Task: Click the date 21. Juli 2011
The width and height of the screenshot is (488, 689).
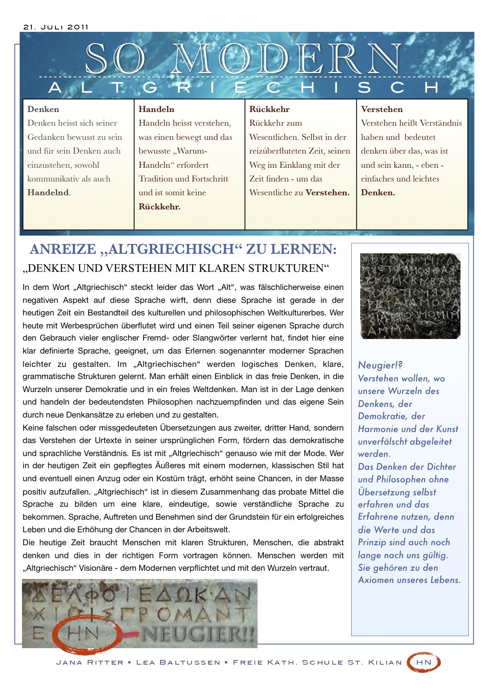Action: [56, 27]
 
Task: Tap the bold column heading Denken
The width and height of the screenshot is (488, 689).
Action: [43, 109]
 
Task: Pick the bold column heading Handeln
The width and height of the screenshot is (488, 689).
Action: [156, 109]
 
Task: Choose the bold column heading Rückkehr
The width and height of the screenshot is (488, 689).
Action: [269, 109]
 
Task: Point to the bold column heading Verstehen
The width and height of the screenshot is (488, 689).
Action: [381, 109]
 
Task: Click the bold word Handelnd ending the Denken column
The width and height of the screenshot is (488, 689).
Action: [48, 192]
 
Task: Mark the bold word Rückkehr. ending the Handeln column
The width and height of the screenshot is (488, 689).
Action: [159, 207]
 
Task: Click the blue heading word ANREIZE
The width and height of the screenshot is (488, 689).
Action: [63, 249]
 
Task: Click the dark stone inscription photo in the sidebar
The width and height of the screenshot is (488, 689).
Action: [410, 296]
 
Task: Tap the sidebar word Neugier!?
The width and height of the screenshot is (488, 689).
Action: [380, 365]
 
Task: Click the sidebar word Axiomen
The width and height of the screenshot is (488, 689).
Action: [377, 580]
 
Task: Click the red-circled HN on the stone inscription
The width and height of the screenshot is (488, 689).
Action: [83, 633]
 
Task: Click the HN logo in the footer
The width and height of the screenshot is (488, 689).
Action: [424, 662]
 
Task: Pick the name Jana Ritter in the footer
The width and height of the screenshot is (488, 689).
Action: [90, 663]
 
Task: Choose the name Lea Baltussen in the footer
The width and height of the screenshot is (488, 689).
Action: [178, 663]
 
